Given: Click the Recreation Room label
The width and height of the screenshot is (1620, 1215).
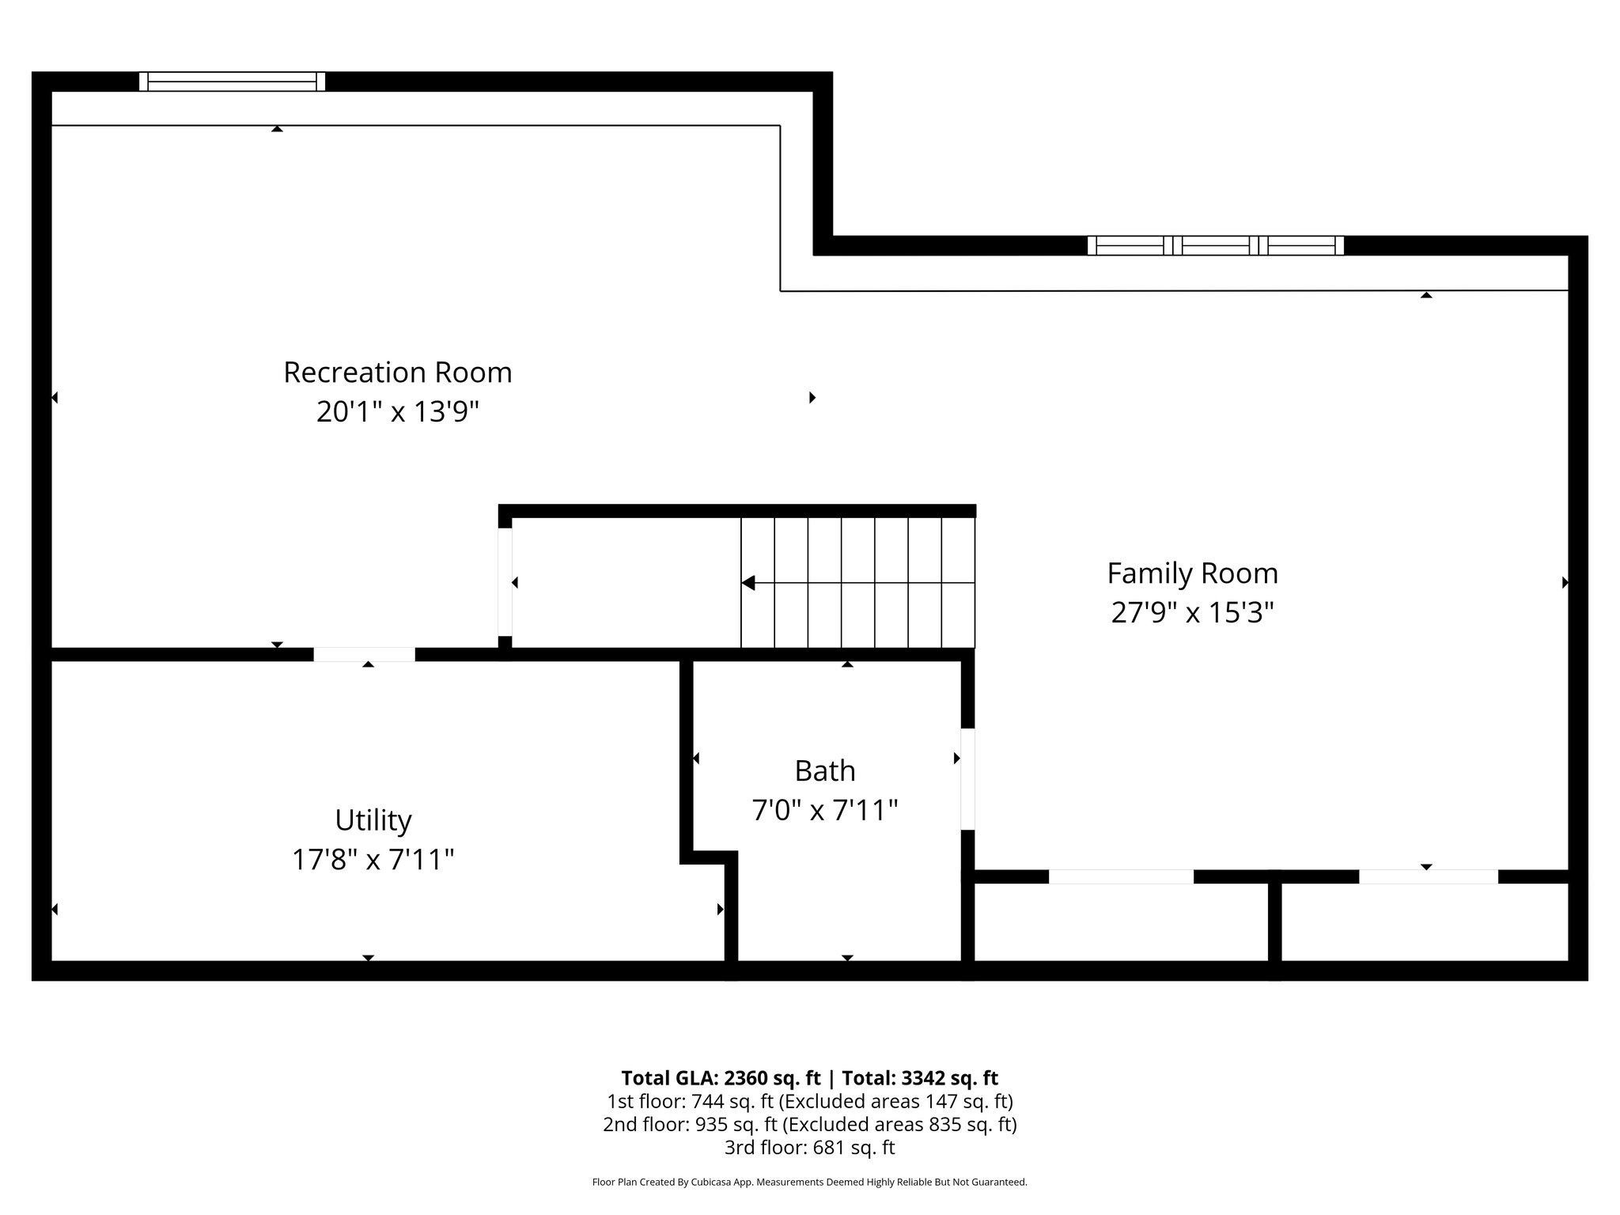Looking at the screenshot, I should [397, 373].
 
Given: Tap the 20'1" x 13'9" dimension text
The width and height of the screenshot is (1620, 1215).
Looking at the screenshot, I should [397, 412].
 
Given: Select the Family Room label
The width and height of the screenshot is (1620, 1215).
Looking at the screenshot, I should [1192, 573].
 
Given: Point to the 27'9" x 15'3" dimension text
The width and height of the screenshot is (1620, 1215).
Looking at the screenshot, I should [1192, 613].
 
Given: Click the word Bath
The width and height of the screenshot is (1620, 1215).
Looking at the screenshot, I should [824, 770].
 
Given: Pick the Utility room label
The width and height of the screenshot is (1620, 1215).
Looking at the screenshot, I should [373, 820].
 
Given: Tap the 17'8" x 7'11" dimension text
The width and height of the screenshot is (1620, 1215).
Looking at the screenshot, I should [373, 860].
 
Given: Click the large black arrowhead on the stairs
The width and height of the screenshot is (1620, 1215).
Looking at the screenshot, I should [748, 583].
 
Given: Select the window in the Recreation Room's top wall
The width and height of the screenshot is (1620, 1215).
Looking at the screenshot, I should [232, 81].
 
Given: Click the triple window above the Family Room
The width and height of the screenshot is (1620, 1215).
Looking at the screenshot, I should [1215, 245].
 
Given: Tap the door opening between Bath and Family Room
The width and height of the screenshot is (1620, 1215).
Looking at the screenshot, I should [967, 779].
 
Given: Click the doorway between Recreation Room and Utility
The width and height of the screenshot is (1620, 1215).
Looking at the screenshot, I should [364, 654].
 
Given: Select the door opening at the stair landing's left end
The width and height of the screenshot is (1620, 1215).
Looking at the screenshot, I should [505, 581].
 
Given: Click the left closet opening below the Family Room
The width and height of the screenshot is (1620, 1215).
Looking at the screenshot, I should [1120, 876].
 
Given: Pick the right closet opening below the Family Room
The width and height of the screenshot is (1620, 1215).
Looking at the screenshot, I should [1428, 876].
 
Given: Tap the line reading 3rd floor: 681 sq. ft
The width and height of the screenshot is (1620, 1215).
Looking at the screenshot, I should [809, 1147].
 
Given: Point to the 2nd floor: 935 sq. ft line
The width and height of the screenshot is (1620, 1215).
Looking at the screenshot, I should [809, 1124].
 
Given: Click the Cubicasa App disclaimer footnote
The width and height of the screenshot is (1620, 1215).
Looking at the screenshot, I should [809, 1183].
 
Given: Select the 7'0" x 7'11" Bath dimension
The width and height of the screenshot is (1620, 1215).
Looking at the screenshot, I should [824, 811].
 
